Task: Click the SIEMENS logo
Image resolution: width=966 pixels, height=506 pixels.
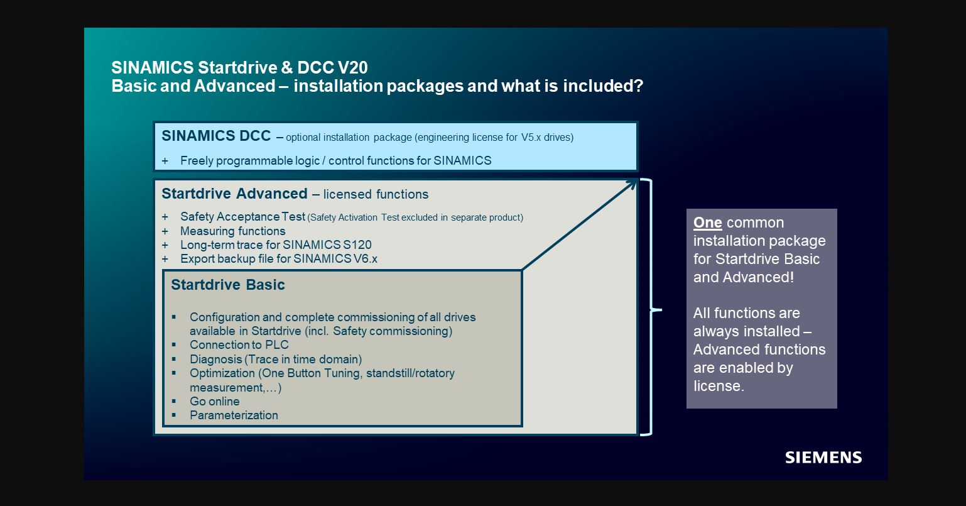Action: (x=823, y=458)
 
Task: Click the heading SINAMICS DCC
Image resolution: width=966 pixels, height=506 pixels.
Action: (x=216, y=136)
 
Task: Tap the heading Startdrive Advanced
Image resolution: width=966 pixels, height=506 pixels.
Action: (x=234, y=194)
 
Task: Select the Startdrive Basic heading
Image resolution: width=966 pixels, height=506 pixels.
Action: (x=227, y=285)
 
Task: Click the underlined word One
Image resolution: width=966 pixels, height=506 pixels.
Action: (x=707, y=223)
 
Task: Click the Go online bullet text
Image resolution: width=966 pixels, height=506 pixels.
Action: (x=214, y=401)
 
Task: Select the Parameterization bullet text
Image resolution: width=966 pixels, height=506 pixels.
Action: (x=234, y=415)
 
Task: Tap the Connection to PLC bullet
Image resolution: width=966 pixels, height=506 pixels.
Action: (x=239, y=344)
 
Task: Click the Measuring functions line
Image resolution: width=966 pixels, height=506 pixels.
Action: (x=232, y=231)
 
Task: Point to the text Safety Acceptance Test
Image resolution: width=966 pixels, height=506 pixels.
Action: (x=242, y=217)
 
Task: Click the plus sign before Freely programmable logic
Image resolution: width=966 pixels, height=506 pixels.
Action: (x=165, y=161)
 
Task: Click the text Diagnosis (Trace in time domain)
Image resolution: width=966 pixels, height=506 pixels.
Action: (x=276, y=360)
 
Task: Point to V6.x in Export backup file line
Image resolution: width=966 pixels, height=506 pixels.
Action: (x=365, y=258)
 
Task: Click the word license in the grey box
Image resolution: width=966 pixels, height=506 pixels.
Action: (x=717, y=386)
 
